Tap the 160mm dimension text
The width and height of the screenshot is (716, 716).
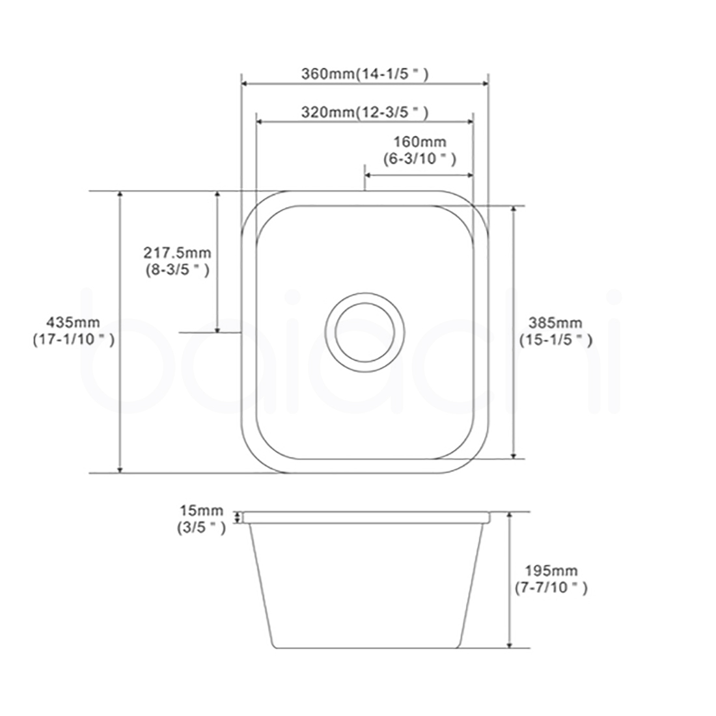420,142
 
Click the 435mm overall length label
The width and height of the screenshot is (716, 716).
74,322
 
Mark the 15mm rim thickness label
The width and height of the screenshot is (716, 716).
201,511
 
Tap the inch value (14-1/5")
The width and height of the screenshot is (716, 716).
392,74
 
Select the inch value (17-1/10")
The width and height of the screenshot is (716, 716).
74,339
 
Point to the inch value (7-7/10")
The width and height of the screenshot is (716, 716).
551,588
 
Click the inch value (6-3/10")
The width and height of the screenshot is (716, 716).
420,158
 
